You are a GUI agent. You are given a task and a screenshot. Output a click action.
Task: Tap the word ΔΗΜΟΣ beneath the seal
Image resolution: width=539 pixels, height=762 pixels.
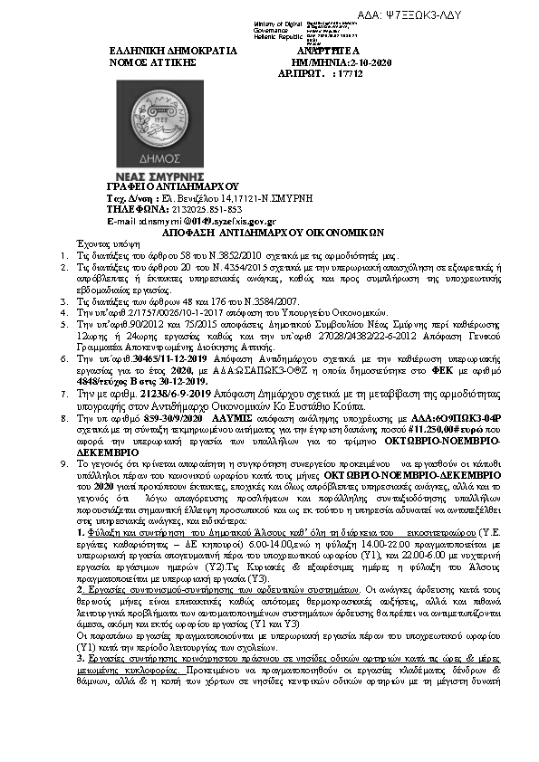[149, 157]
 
